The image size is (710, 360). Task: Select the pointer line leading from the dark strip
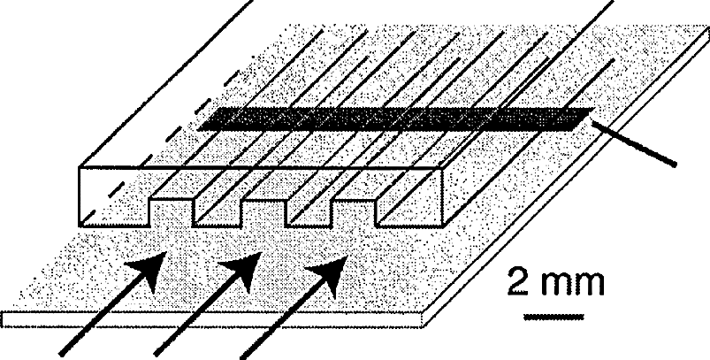click(635, 143)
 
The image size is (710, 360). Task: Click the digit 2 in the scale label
click(519, 284)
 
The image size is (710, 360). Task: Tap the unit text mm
click(571, 286)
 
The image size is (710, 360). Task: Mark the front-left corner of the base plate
click(7, 318)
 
